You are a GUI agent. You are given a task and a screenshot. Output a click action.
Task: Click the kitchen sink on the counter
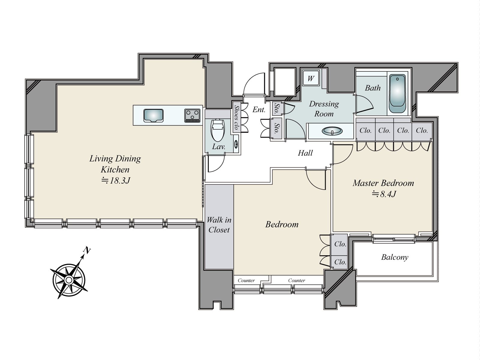pos(153,115)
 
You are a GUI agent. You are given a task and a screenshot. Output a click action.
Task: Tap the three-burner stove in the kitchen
pos(192,115)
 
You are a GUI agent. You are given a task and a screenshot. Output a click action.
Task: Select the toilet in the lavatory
pos(217,130)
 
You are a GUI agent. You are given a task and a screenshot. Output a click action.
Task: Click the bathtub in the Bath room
pos(397,94)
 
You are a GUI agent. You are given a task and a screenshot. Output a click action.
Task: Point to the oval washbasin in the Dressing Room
pos(332,131)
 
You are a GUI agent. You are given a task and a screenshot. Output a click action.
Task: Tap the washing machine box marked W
pos(311,78)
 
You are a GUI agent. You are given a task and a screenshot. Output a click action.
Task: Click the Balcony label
pos(395,257)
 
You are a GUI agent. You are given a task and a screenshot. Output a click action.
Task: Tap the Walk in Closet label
pos(219,225)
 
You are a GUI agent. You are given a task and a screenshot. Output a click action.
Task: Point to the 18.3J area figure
pos(116,181)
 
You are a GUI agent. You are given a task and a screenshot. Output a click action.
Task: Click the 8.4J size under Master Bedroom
pos(384,194)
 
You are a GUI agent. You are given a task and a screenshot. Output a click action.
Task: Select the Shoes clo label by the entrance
pos(236,117)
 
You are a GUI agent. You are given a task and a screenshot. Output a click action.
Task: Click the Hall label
pos(305,153)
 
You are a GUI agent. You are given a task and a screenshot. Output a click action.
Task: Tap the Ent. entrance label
pos(259,109)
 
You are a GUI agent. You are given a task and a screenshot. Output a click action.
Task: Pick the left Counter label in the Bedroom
pos(246,280)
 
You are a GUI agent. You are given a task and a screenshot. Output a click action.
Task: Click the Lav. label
pos(219,147)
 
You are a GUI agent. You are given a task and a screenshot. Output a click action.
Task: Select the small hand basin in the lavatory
pos(236,144)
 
